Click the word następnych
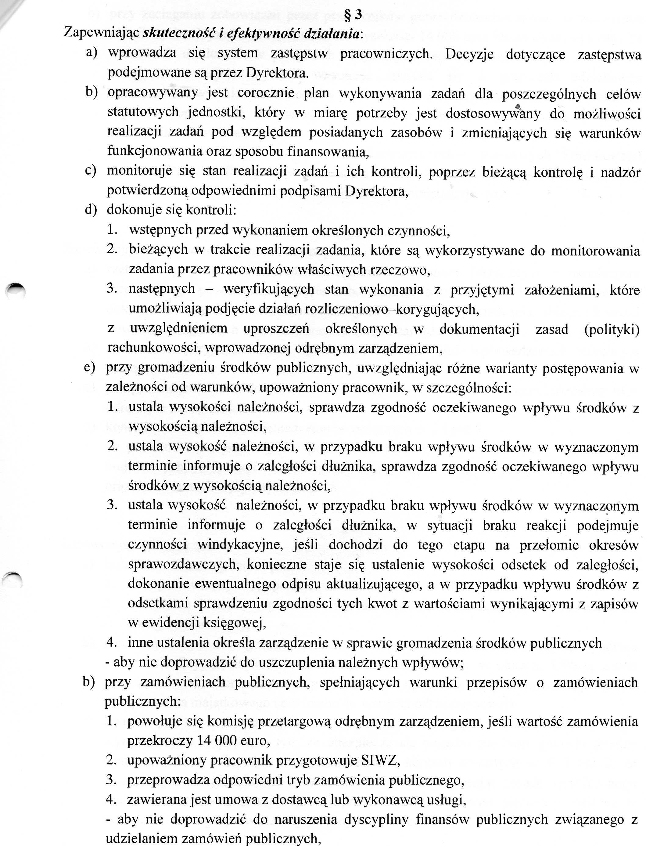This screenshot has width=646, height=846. (x=162, y=289)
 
